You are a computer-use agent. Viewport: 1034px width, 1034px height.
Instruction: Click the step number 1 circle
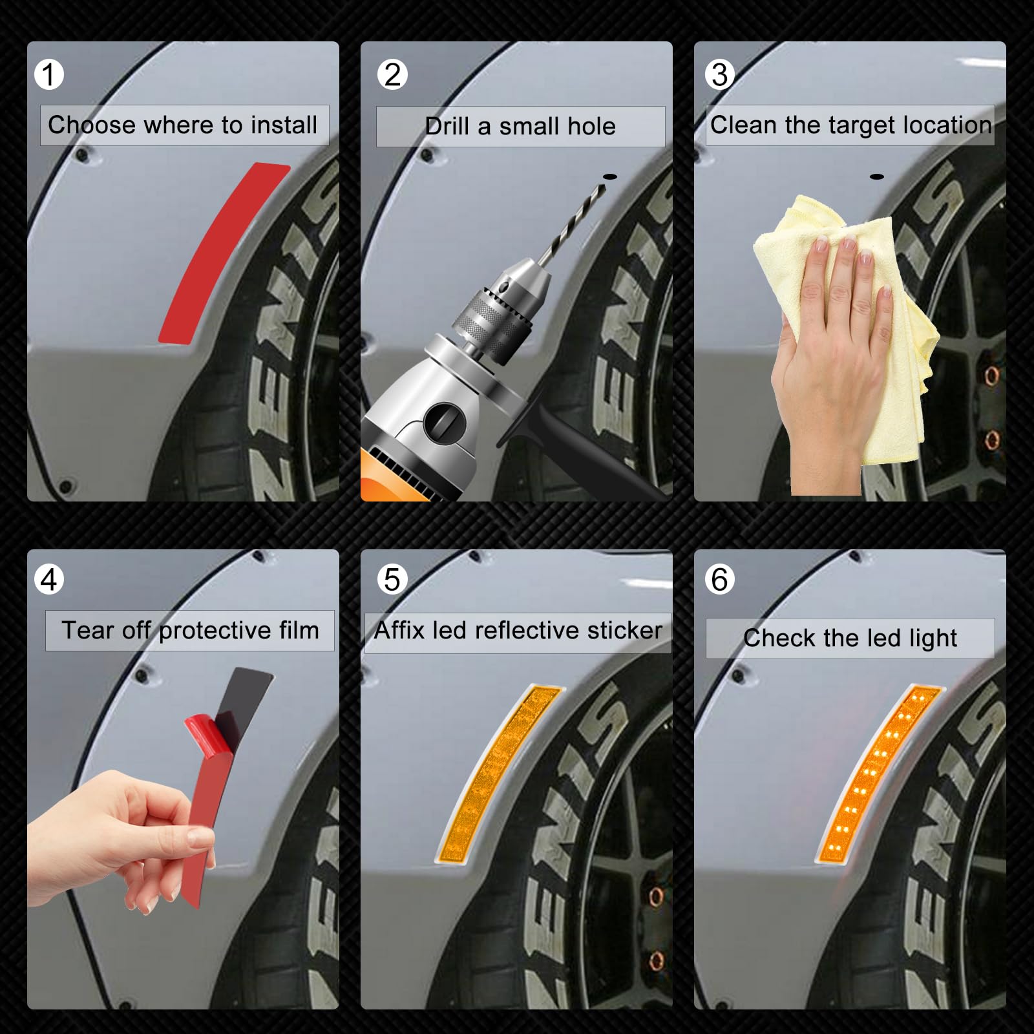tap(49, 74)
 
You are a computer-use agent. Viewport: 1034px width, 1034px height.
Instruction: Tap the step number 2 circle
tap(392, 74)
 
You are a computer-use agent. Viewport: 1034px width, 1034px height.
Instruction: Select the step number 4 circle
tap(49, 580)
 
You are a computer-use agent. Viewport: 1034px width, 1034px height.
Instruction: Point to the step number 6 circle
tap(720, 580)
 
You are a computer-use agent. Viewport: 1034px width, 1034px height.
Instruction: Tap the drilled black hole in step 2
tap(609, 176)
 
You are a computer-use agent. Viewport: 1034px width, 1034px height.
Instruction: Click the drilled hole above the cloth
tap(877, 176)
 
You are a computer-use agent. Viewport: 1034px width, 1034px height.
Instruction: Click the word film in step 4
tap(299, 630)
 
